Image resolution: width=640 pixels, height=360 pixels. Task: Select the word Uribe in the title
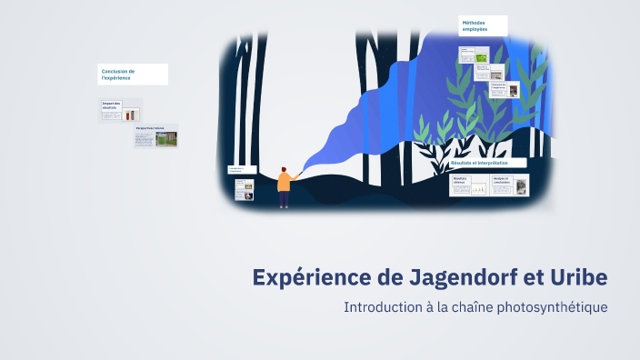pos(578,276)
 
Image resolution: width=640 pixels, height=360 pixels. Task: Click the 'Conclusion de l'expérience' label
pos(133,75)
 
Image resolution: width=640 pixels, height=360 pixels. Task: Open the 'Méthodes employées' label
pos(483,25)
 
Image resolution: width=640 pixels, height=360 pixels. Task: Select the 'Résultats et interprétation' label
pos(486,163)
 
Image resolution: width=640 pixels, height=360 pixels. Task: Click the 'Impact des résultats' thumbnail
pos(121,111)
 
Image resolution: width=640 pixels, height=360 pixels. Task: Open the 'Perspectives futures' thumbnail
pos(155,136)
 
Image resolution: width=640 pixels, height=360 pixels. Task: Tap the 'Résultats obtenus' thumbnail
pos(468,185)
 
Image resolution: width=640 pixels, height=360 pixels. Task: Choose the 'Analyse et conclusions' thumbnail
pos(509,185)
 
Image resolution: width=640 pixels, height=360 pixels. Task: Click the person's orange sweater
pos(284,183)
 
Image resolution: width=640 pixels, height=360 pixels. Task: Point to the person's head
pos(284,169)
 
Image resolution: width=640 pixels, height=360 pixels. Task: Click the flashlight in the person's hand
pos(299,172)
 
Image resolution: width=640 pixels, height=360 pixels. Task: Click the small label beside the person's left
pos(241,169)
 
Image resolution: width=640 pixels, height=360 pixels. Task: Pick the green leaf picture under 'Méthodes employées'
pos(481,57)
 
